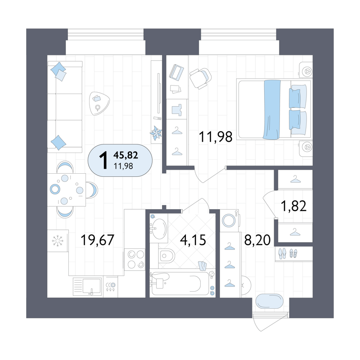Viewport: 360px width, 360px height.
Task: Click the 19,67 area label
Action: [x=97, y=240]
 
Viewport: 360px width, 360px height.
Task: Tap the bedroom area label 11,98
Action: [x=216, y=137]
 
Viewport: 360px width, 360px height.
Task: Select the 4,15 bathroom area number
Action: [x=193, y=240]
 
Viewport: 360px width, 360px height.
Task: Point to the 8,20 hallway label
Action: [x=257, y=240]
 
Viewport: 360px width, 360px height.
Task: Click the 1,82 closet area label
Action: [x=294, y=206]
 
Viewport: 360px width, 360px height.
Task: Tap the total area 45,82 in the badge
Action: [x=126, y=155]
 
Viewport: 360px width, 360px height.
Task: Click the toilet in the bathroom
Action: [x=166, y=255]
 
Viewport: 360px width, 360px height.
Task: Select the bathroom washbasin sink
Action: [x=159, y=229]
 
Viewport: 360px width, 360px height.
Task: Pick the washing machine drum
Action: [x=229, y=220]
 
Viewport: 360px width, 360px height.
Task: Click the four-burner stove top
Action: [x=135, y=260]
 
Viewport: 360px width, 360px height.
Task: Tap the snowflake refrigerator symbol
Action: [x=58, y=241]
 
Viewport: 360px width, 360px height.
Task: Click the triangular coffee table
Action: [x=99, y=103]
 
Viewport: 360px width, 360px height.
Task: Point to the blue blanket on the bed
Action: [x=272, y=109]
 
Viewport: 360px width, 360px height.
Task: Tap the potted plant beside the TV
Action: [x=156, y=133]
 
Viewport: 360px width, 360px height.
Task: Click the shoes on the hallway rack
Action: [x=288, y=254]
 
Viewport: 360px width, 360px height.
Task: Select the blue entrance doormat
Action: [x=269, y=301]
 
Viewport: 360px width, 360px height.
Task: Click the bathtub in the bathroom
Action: [x=180, y=284]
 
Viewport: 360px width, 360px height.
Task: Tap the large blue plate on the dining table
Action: [x=55, y=189]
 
